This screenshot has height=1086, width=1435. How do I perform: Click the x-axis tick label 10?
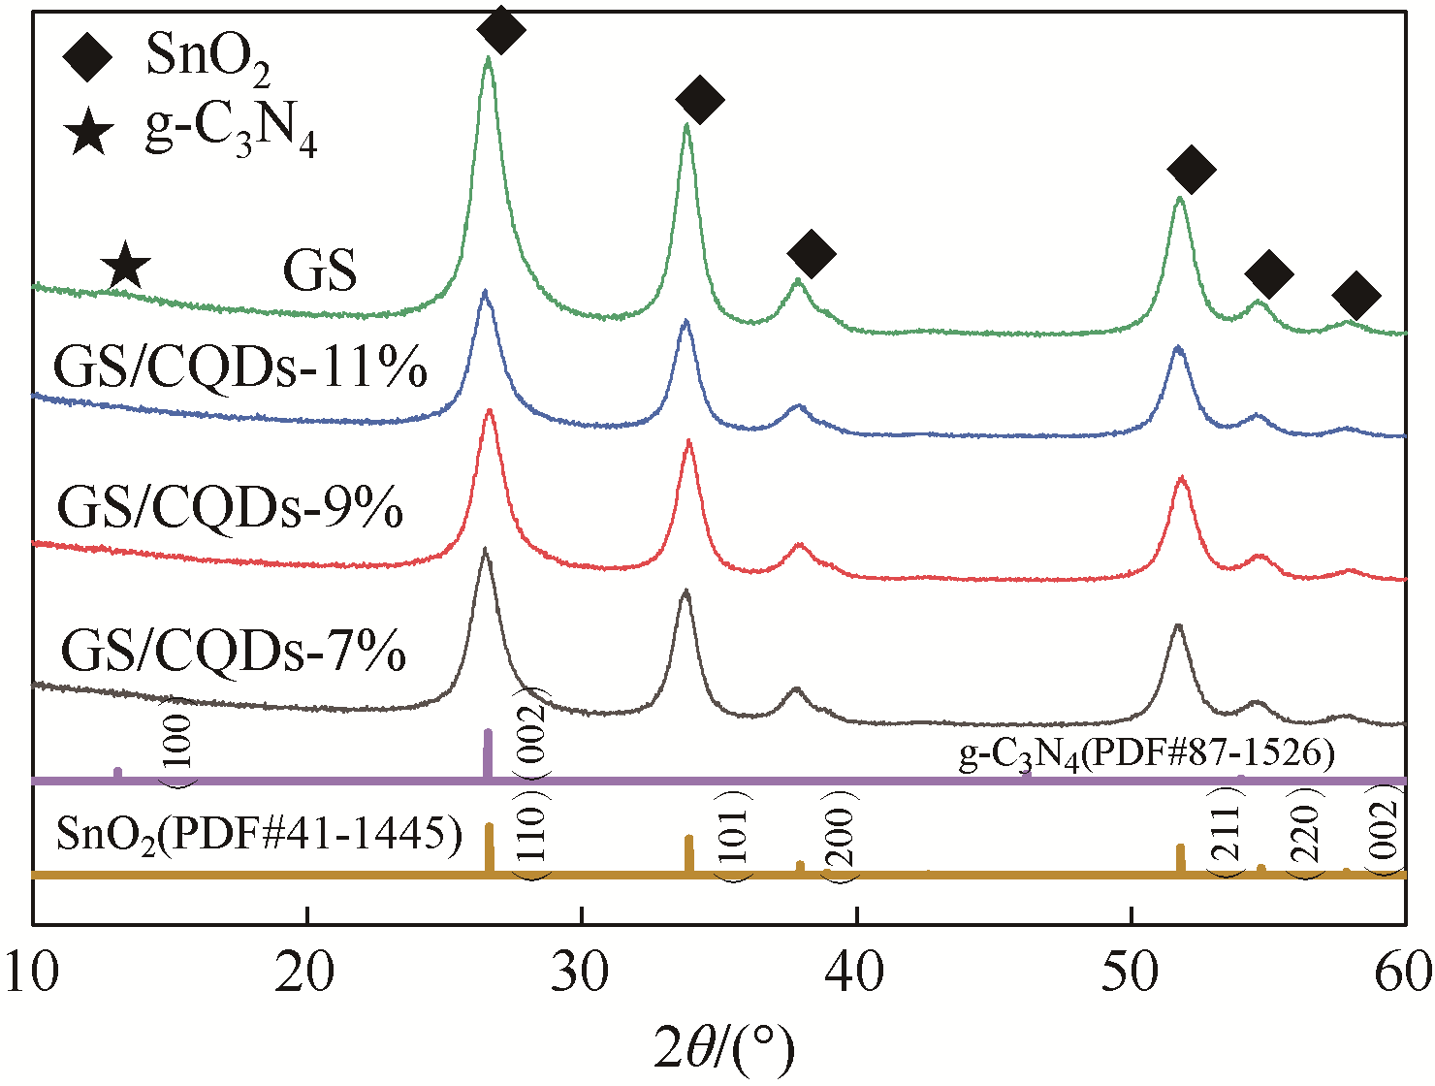[x=33, y=973]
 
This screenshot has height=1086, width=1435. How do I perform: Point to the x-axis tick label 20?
[x=306, y=973]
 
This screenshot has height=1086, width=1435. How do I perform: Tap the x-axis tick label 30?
[x=582, y=973]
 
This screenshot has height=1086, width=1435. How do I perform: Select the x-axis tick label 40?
[x=857, y=973]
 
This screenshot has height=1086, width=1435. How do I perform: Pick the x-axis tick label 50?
[x=1132, y=973]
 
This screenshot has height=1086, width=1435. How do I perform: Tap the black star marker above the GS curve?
[x=125, y=267]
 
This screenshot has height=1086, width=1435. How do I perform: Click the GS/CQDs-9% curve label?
[x=230, y=507]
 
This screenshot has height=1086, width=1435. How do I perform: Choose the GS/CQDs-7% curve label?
[x=233, y=651]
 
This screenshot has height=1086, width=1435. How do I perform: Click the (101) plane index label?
[x=734, y=835]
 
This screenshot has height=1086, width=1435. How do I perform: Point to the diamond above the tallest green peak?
[x=501, y=29]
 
